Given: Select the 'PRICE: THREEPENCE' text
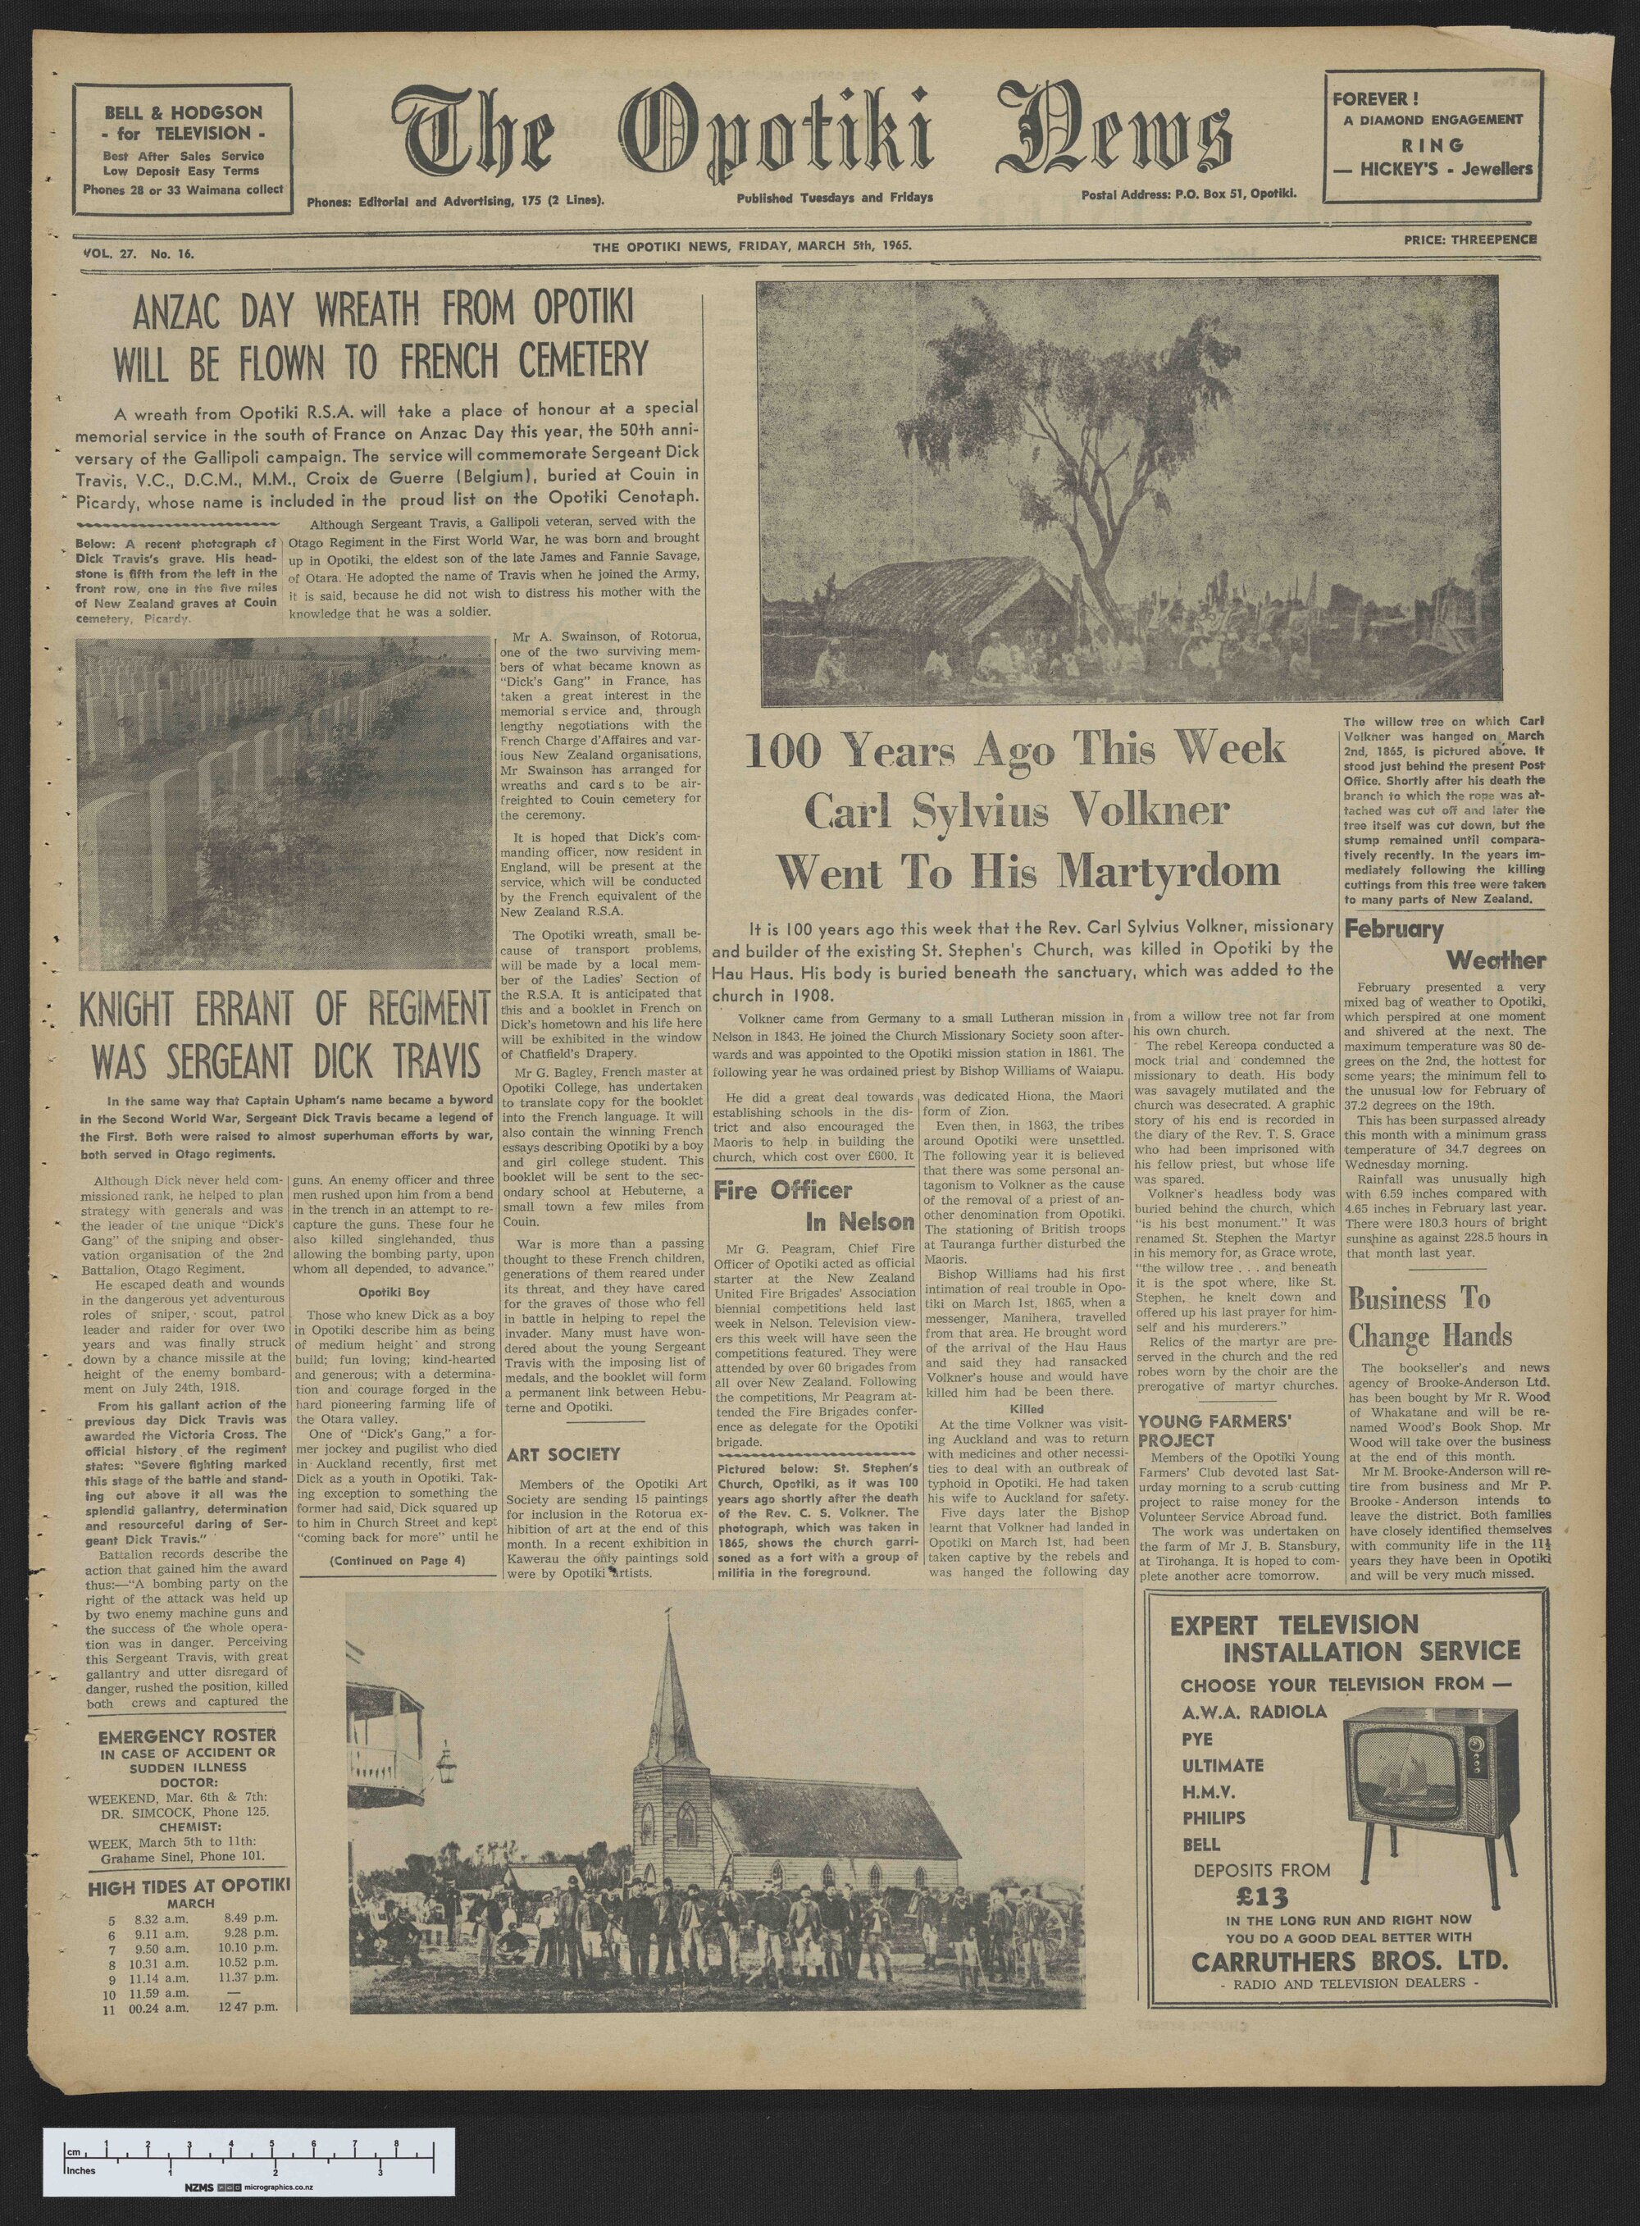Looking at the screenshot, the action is click(1470, 239).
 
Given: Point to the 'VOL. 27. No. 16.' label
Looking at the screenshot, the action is click(139, 254).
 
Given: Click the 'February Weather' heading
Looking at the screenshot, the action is click(1445, 944).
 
